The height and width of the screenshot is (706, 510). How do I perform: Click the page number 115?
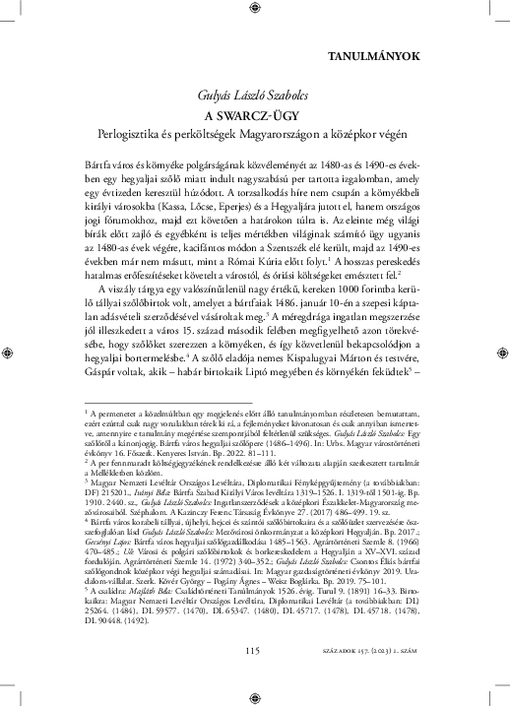[x=255, y=676]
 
